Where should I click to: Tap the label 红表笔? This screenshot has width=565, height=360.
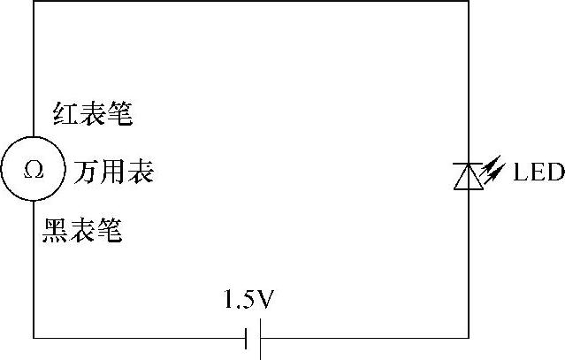pos(88,114)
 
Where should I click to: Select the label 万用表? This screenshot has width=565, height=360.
pos(113,171)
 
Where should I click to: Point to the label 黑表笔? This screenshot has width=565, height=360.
pos(81,231)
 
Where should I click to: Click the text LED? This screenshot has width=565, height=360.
pos(538,172)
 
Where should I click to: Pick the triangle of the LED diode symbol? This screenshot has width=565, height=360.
pos(468,177)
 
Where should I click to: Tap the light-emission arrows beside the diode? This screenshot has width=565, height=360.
pos(493,167)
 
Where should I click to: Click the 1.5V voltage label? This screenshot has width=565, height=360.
pos(250,302)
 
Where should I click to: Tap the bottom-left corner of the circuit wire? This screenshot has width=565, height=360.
pos(34,337)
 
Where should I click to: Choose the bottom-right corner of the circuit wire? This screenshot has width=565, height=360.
pos(468,337)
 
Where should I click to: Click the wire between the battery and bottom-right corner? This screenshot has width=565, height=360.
pos(363,337)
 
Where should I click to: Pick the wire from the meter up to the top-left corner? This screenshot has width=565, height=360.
pos(34,71)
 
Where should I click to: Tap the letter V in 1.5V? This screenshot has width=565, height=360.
pos(268,302)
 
